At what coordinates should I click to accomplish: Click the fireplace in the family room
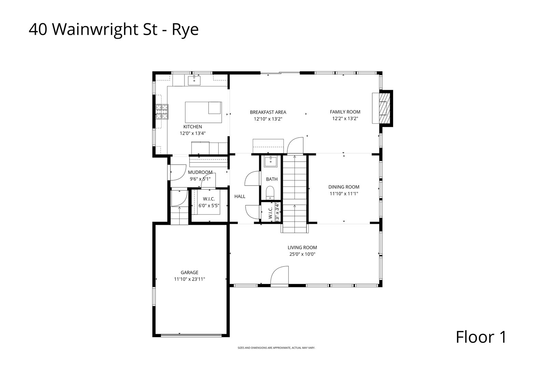click(385, 108)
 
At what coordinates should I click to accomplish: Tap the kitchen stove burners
click(162, 112)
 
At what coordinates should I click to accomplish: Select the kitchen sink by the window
click(194, 81)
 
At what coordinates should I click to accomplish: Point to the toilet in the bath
click(270, 192)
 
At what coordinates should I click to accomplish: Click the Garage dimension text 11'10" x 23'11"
click(190, 279)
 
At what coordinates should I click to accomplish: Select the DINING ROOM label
click(344, 187)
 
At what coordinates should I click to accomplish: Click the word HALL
click(240, 196)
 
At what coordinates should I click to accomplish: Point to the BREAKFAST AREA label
click(268, 112)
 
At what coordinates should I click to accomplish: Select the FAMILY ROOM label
click(345, 112)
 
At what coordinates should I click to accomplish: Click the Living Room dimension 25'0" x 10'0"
click(302, 254)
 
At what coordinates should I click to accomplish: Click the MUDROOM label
click(200, 172)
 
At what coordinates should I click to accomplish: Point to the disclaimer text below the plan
click(276, 348)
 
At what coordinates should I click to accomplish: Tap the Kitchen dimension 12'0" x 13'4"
click(193, 134)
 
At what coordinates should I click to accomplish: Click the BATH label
click(272, 179)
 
